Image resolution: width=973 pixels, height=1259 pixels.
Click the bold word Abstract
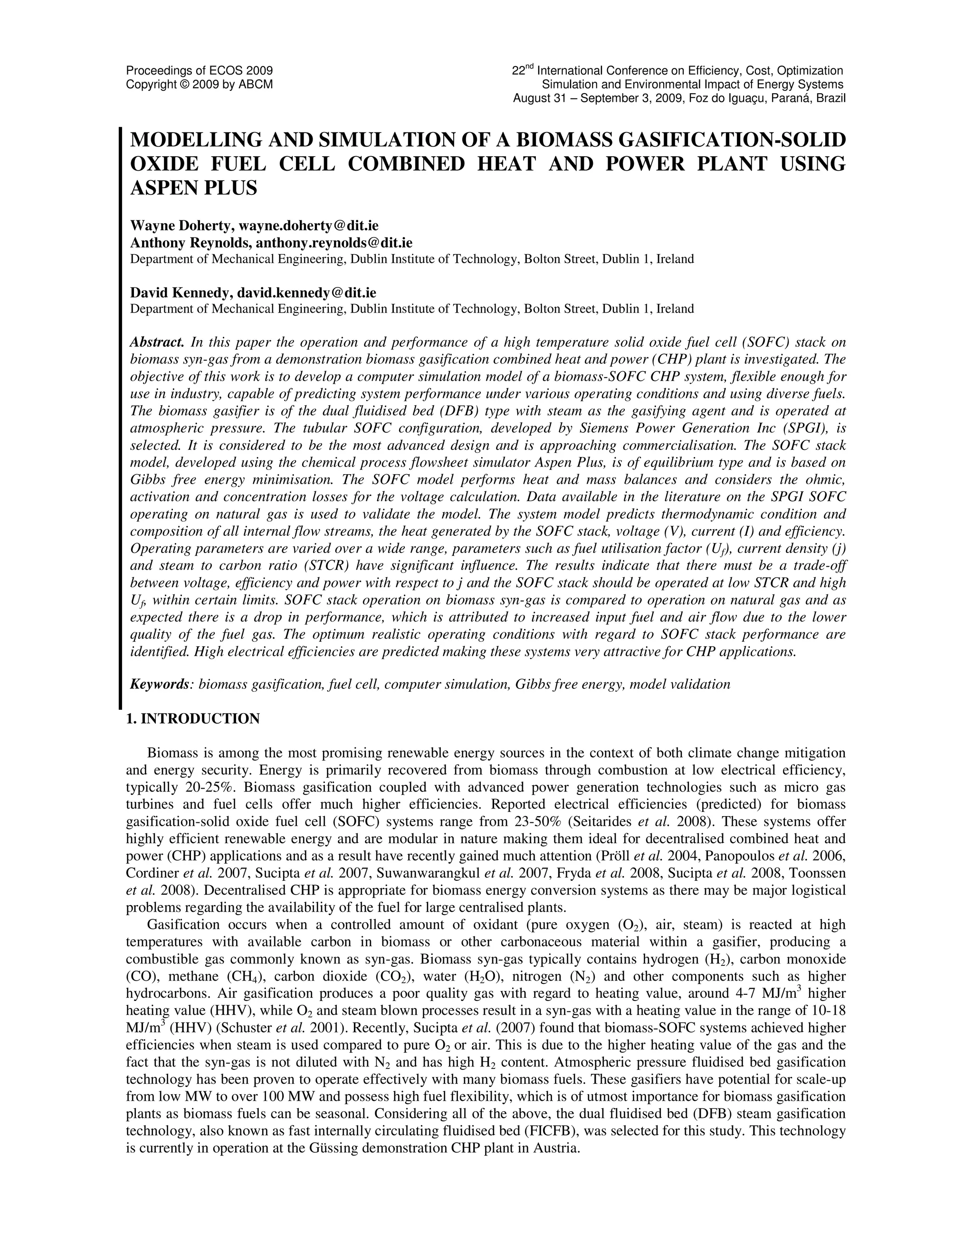pos(157,343)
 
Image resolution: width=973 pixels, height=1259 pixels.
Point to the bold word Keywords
pos(160,684)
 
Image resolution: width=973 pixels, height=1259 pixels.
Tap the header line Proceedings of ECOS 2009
pos(200,71)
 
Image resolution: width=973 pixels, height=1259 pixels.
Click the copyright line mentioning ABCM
pos(200,85)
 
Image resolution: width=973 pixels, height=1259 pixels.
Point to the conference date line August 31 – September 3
pos(679,98)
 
